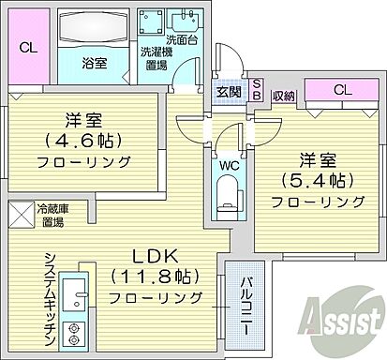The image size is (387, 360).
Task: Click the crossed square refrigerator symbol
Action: tap(22, 215)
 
